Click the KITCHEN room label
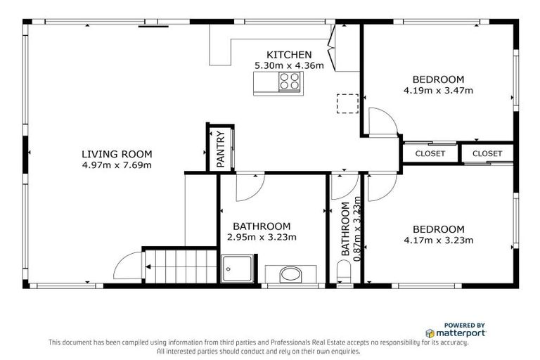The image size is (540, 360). (288, 55)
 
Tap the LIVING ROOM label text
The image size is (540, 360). (117, 155)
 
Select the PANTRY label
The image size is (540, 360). (220, 149)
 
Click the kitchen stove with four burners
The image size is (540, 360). (288, 84)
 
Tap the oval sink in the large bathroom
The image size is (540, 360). (288, 274)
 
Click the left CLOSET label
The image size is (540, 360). (430, 153)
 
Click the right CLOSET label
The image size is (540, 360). (487, 153)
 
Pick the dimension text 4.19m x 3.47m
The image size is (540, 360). (438, 90)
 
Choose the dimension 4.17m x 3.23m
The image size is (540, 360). (438, 240)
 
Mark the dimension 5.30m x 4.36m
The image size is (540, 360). (288, 65)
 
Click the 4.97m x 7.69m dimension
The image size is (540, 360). (117, 165)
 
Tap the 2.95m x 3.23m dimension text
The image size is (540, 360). (262, 237)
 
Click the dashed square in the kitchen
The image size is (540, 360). (347, 103)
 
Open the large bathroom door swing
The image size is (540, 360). (250, 186)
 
